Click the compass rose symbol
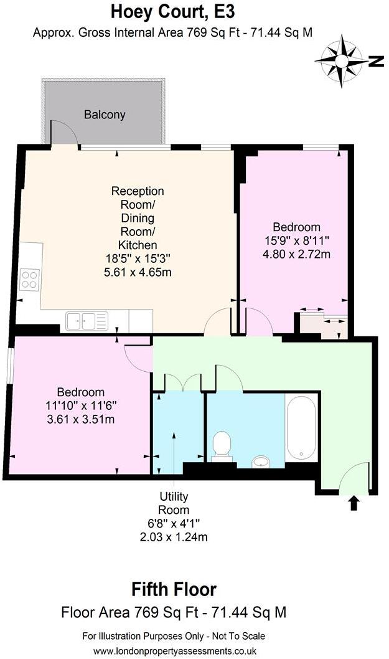click(342, 62)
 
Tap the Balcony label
click(105, 115)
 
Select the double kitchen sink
click(87, 321)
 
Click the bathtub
click(301, 427)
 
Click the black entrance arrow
click(354, 503)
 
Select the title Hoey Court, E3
click(172, 12)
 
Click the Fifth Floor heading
click(174, 589)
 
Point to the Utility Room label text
click(174, 503)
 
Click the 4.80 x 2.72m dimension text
click(296, 254)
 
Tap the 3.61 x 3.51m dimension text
click(81, 419)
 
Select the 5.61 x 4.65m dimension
click(138, 272)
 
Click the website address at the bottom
click(175, 651)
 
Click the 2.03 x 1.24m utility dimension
click(174, 537)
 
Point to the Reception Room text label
click(138, 198)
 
